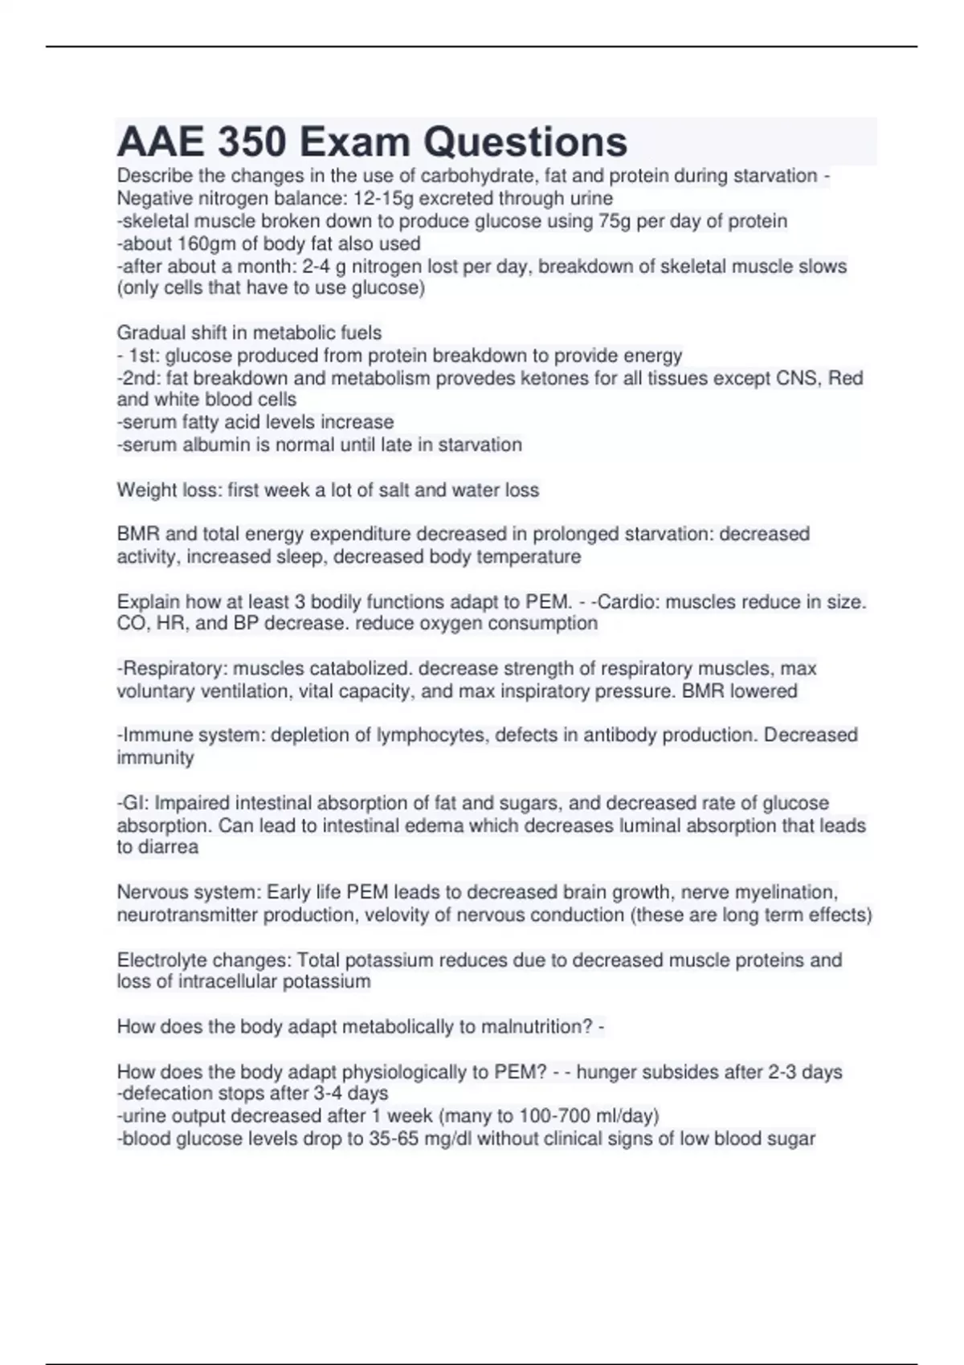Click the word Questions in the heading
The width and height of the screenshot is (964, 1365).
click(x=525, y=142)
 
